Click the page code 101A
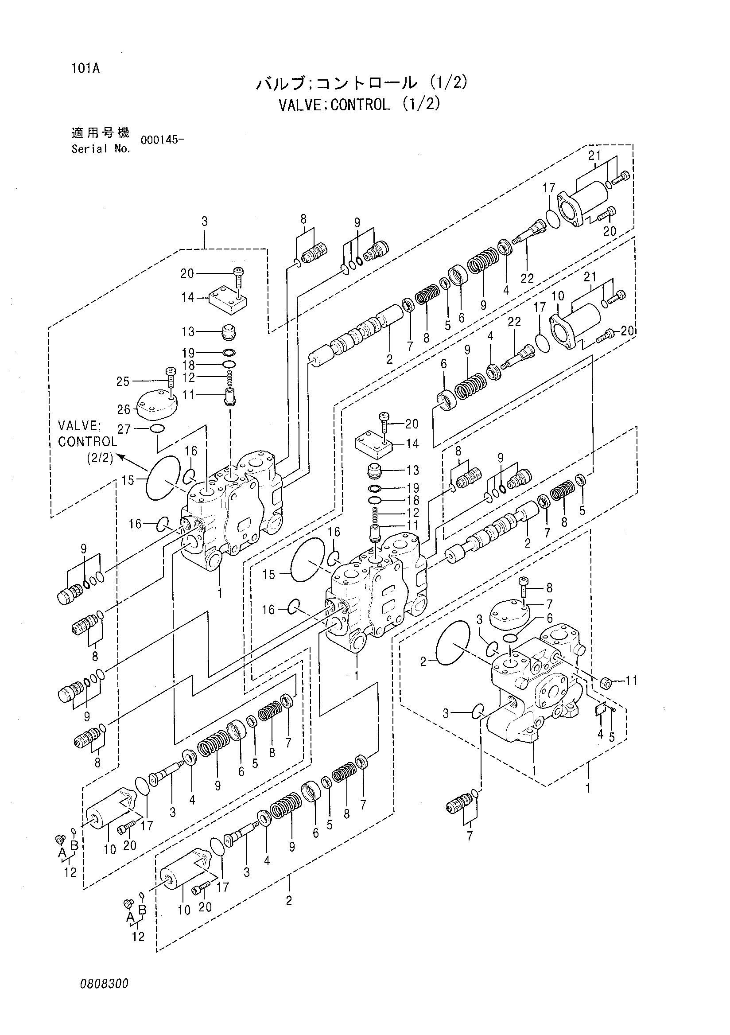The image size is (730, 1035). click(x=85, y=69)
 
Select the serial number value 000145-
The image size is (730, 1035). click(x=162, y=140)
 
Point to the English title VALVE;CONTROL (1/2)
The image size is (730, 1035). click(x=359, y=105)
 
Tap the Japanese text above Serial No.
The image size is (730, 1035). click(x=101, y=133)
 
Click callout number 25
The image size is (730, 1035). click(x=123, y=381)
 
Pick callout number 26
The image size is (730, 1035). click(x=124, y=409)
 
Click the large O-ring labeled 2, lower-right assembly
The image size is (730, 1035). click(x=452, y=642)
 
